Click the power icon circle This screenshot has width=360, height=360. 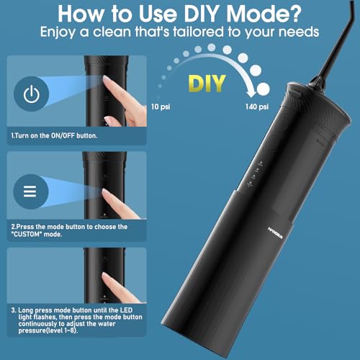tap(30, 94)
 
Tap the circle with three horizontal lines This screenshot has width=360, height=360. tap(30, 192)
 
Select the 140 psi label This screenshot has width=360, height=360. tap(254, 107)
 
